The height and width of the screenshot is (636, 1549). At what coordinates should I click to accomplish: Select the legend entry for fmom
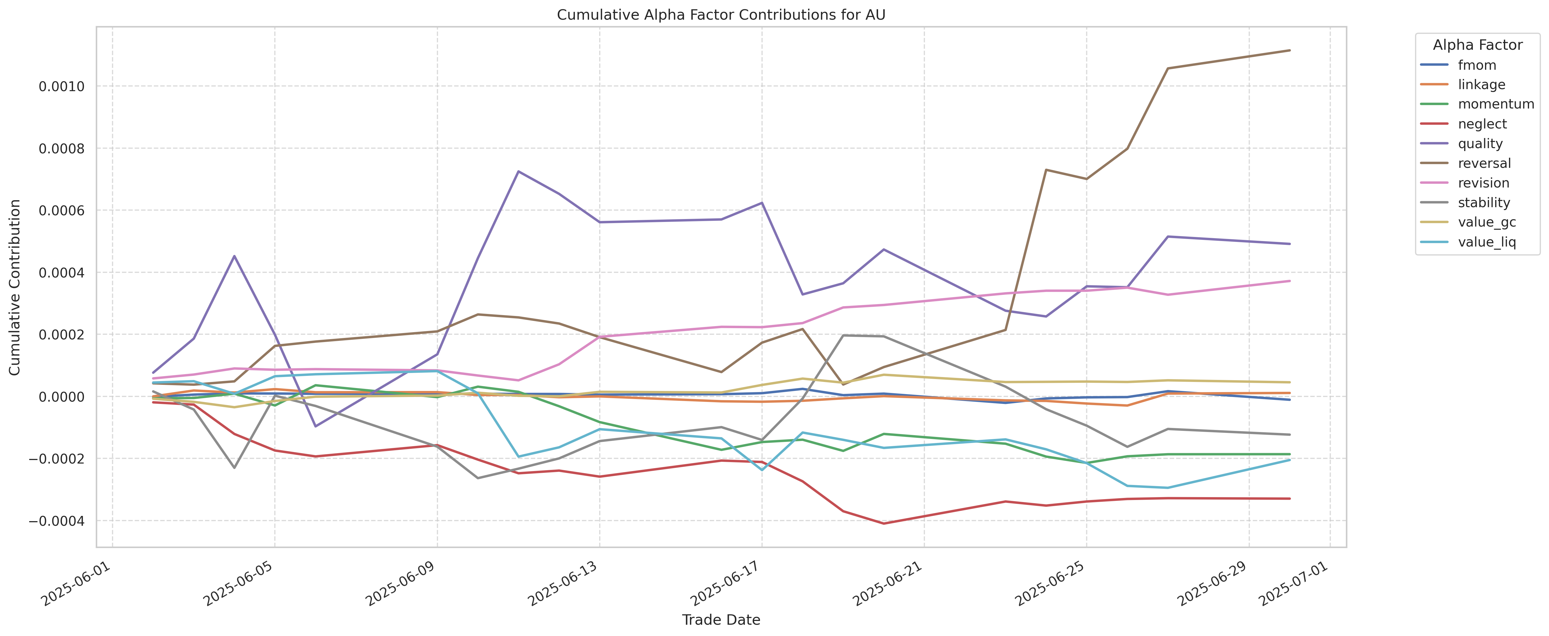click(x=1477, y=65)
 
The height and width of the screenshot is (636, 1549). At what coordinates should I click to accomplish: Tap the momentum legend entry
click(x=1495, y=104)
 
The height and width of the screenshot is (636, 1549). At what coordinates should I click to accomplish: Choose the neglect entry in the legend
click(x=1482, y=124)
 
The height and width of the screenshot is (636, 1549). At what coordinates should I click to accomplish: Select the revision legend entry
click(x=1483, y=183)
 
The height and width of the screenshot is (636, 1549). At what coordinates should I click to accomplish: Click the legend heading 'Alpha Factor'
click(x=1478, y=45)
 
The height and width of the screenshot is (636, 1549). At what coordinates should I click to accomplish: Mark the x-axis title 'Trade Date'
click(x=721, y=620)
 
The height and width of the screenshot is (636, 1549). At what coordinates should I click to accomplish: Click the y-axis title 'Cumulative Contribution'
click(x=15, y=287)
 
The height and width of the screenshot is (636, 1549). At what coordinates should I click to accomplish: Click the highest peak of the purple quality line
click(x=518, y=171)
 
